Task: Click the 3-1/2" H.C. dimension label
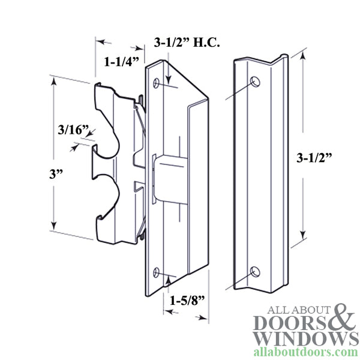click(x=187, y=43)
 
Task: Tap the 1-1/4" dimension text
click(x=122, y=61)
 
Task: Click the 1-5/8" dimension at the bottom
click(x=184, y=298)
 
